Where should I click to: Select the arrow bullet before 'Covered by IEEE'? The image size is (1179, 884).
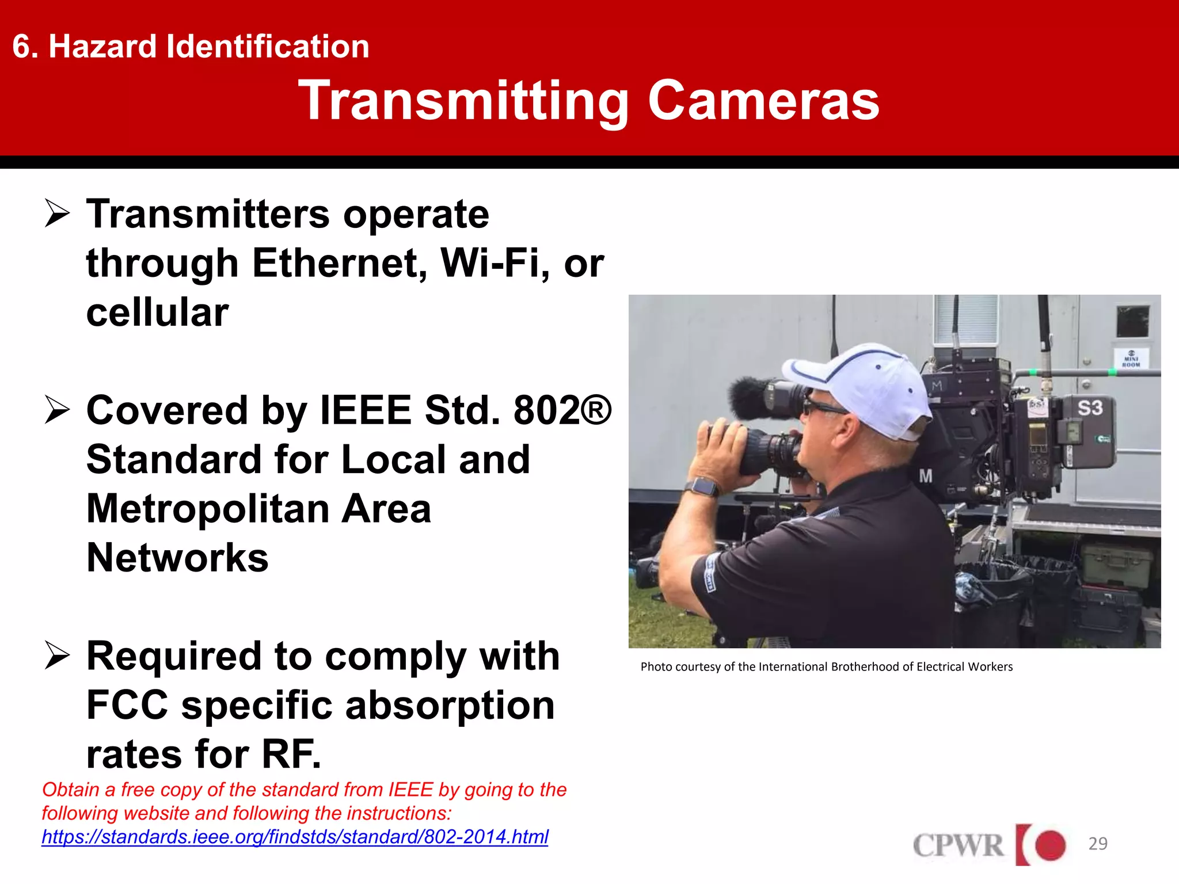coord(57,410)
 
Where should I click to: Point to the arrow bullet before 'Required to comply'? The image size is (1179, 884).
coord(57,656)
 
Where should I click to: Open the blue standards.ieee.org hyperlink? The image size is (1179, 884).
coord(295,837)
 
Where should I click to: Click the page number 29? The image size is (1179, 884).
coord(1098,844)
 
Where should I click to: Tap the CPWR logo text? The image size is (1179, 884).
coord(958,845)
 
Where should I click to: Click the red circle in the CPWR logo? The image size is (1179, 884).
coord(1050,845)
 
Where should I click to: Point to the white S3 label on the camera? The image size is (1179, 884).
coord(1090,408)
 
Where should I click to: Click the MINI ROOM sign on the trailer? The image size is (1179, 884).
coord(1131,358)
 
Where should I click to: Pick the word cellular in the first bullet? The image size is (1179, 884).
coord(157,313)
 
